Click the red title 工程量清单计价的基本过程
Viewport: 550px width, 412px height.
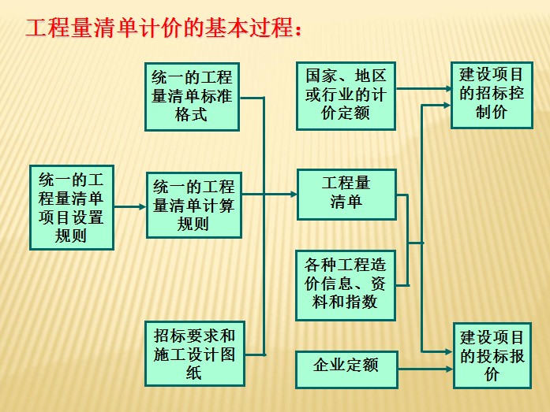(x=164, y=28)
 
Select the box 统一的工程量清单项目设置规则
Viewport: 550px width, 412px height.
(x=72, y=207)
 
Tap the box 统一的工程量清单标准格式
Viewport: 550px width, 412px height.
(x=192, y=97)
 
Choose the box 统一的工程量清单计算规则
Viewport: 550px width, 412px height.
(x=194, y=205)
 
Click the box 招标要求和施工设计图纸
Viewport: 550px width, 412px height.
(x=195, y=354)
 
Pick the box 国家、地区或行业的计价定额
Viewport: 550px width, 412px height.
(x=346, y=96)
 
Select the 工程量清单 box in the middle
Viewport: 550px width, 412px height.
(x=346, y=195)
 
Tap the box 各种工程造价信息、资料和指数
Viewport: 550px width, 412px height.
(x=346, y=285)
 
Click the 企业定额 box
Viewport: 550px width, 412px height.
(x=346, y=369)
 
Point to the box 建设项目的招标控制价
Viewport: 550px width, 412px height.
(x=492, y=95)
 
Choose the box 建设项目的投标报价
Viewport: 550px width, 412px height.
(x=492, y=355)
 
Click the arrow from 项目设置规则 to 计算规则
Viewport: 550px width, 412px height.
(x=129, y=207)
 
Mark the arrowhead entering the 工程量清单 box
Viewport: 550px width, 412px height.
(x=294, y=194)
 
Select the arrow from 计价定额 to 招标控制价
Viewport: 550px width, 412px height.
(x=424, y=88)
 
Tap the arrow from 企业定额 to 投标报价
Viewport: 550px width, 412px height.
(x=425, y=369)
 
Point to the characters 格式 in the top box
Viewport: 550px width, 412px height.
(x=192, y=114)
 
